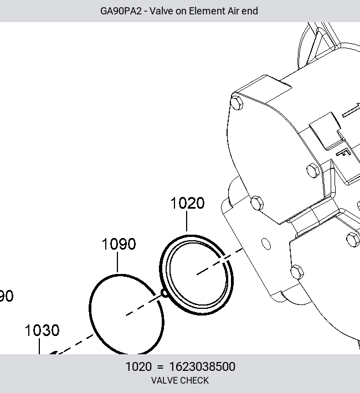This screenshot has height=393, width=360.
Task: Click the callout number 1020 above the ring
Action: click(187, 203)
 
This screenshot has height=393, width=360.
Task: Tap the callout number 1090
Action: click(119, 244)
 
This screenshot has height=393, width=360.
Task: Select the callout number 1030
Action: click(42, 330)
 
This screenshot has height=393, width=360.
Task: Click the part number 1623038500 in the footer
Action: click(202, 366)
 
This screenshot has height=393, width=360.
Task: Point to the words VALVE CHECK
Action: click(180, 380)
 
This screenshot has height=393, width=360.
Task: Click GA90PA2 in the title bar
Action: click(121, 11)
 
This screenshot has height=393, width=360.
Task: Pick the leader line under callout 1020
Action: click(187, 221)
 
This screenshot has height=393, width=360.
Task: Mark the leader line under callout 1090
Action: click(117, 262)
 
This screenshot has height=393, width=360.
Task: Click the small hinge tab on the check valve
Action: click(164, 293)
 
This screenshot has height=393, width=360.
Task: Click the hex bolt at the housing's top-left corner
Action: click(237, 102)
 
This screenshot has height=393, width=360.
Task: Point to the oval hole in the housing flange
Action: click(266, 244)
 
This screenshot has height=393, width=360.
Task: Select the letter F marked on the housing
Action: click(343, 152)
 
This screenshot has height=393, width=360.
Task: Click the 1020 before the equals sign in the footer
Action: click(138, 366)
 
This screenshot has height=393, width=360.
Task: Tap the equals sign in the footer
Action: click(160, 367)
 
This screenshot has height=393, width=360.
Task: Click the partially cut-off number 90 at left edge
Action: click(6, 296)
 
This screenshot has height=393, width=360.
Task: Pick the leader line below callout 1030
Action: click(39, 346)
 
